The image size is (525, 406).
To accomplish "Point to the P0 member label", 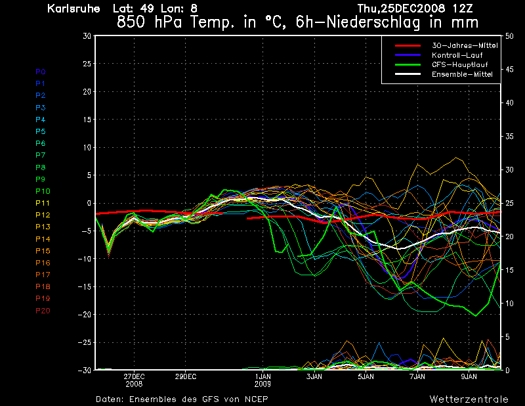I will coord(41,72).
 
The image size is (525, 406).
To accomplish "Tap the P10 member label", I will coord(43,191).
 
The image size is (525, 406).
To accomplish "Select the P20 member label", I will coord(43,311).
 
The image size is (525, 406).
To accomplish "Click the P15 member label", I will coord(43,251).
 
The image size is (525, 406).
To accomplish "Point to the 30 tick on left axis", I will coord(87,36).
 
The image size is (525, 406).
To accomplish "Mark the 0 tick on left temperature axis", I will coord(89,204).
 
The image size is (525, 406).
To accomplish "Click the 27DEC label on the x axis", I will coord(134,377).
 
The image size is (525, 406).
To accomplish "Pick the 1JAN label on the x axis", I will coord(262,377).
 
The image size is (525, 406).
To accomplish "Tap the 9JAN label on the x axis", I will coord(469,377).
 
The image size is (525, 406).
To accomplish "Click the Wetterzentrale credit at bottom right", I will coord(469,399).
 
